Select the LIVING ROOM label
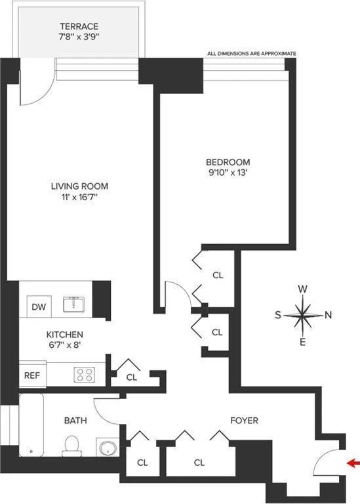click(79, 186)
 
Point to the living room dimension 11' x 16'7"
click(79, 197)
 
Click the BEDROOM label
click(228, 162)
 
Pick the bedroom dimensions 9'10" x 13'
click(228, 173)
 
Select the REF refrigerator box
click(31, 375)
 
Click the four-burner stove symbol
click(84, 375)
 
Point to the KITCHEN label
click(64, 335)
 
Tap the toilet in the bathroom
click(71, 448)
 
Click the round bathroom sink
click(107, 448)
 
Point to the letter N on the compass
click(328, 315)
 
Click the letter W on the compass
click(303, 289)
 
